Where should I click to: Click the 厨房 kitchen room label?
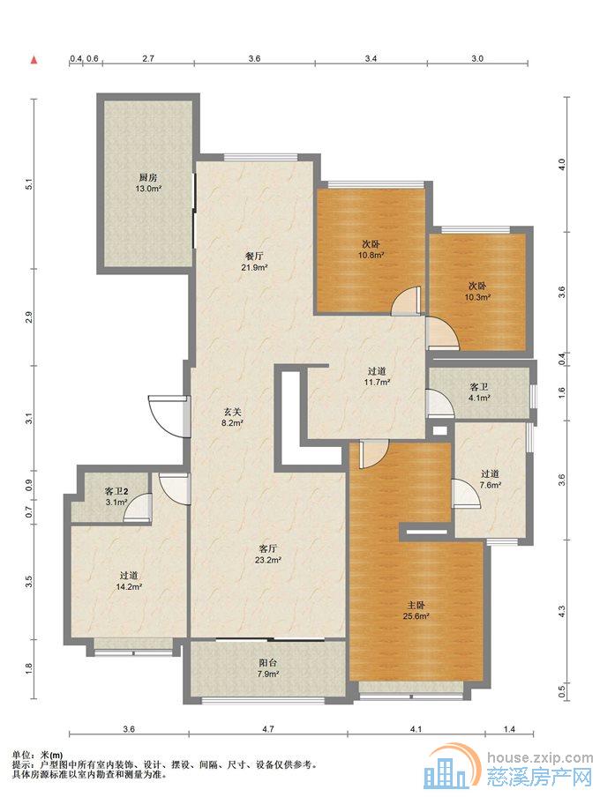[148, 178]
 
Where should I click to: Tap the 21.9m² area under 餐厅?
[254, 266]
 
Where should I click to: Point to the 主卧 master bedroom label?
[416, 606]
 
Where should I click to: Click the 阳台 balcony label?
[267, 663]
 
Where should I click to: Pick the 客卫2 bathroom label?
[116, 492]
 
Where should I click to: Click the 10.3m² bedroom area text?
[477, 297]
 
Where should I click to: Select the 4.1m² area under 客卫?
[479, 398]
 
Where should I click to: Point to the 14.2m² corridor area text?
[129, 586]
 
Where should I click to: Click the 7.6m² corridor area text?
[491, 485]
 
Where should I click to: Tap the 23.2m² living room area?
[268, 560]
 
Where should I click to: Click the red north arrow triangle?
[34, 61]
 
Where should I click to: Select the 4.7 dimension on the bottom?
[268, 729]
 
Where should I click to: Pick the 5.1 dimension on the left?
[29, 184]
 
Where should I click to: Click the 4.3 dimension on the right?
[562, 612]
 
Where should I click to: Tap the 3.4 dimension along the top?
[371, 58]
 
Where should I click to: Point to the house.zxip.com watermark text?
[540, 758]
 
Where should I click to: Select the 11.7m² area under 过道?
[377, 383]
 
